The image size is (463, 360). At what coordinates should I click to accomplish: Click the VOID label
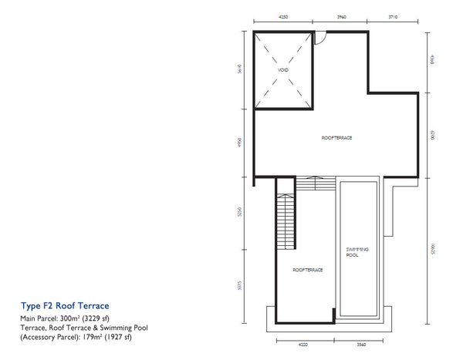point(282,69)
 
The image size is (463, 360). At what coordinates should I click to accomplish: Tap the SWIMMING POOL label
point(357,252)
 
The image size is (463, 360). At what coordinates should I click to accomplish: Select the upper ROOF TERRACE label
point(336,137)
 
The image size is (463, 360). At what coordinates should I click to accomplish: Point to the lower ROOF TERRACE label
point(307,270)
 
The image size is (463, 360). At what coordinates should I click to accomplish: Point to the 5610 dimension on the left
point(242,70)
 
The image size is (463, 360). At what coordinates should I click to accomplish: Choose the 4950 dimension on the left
point(242,144)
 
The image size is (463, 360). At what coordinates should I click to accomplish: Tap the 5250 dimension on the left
point(242,214)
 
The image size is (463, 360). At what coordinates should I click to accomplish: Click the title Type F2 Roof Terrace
point(54,306)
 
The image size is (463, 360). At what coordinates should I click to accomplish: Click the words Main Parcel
point(36,318)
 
